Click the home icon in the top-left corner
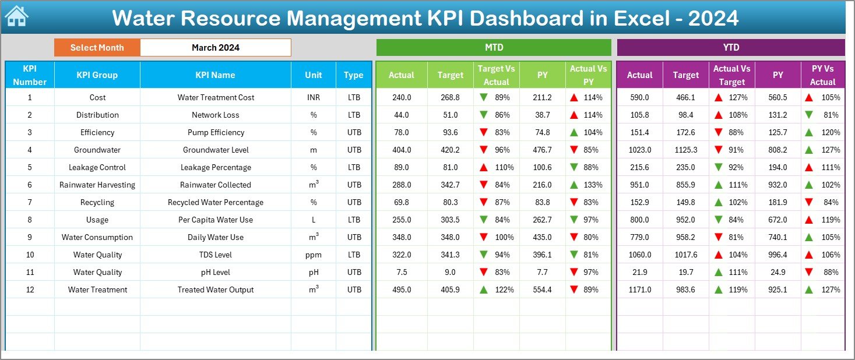point(16,17)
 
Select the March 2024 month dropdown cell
point(215,48)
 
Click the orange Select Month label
point(97,48)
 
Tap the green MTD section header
point(494,47)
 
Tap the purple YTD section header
point(730,47)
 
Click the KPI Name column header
point(215,75)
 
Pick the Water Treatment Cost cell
point(216,97)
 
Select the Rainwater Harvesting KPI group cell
point(97,185)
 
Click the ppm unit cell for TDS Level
point(314,255)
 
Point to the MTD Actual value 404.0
point(401,150)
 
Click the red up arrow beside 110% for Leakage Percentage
point(483,167)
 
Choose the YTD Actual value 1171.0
point(639,290)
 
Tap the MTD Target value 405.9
point(450,290)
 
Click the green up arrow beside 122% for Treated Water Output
point(483,290)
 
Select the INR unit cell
point(314,97)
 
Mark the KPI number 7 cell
point(30,202)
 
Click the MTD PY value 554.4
point(542,290)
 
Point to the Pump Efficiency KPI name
point(216,132)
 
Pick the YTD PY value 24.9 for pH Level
point(777,272)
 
